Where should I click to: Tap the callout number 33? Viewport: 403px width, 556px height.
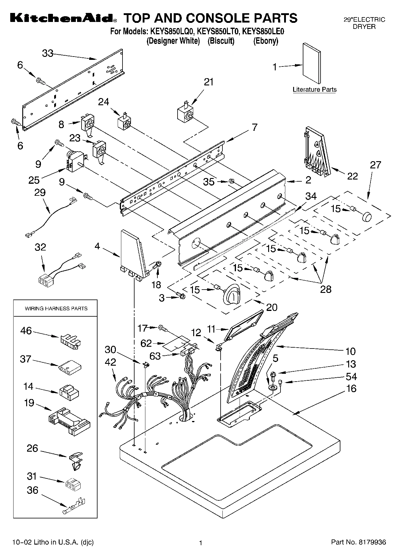48,53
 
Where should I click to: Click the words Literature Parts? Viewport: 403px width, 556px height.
315,89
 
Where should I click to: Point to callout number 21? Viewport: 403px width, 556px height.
209,82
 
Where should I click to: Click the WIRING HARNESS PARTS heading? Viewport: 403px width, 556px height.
56,309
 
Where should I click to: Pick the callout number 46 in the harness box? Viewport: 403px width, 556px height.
26,331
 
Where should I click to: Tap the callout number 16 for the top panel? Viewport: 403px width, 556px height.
351,388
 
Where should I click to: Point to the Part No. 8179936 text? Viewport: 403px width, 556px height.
358,542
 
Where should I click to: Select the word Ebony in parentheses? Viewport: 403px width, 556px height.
265,41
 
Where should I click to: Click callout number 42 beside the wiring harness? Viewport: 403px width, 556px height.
110,362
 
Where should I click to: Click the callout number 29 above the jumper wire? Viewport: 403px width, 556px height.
40,192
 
